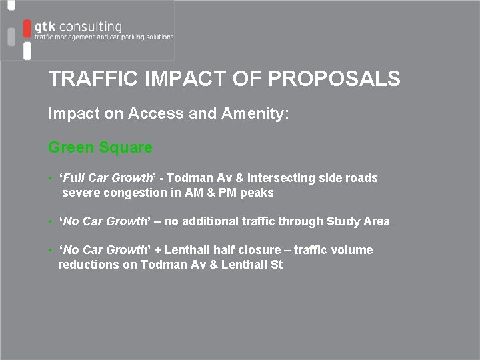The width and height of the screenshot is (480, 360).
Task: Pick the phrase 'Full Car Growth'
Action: tap(107, 178)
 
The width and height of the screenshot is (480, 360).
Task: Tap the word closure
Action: tap(261, 250)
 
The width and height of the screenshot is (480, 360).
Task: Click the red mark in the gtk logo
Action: tap(27, 29)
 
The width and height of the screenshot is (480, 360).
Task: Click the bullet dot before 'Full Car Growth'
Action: tap(51, 179)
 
